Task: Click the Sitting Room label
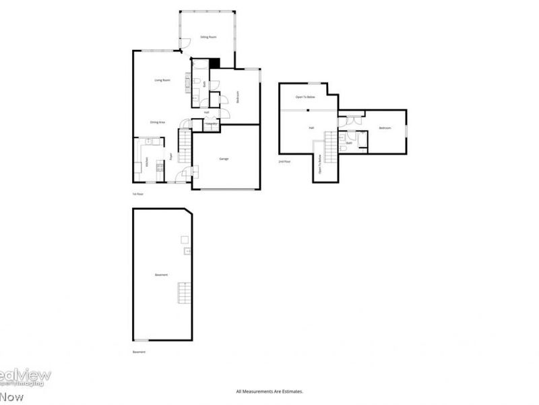(208, 37)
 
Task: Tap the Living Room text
(162, 80)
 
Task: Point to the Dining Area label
(158, 122)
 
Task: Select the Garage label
(224, 159)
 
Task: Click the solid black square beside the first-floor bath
(215, 63)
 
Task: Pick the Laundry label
(211, 124)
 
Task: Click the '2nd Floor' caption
(285, 162)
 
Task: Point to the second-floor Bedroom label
(385, 128)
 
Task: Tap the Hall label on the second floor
(311, 128)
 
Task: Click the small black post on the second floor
(307, 109)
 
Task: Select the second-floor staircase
(330, 144)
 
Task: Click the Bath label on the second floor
(349, 143)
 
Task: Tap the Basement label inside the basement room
(161, 275)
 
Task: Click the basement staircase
(184, 294)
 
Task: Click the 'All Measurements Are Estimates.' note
(269, 391)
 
